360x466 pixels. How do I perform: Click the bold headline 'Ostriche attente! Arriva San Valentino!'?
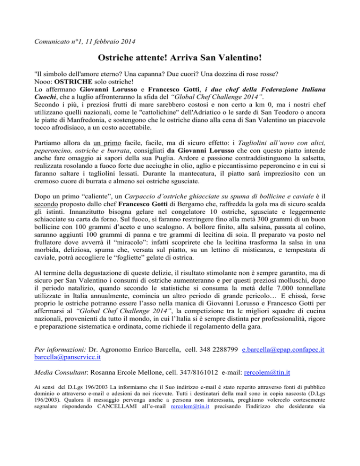point(180,60)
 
